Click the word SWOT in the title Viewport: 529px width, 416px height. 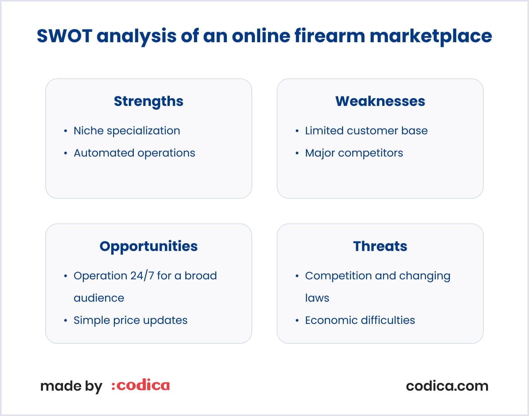tap(64, 36)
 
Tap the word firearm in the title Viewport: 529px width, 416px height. tap(330, 36)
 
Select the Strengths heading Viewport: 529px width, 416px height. tap(149, 101)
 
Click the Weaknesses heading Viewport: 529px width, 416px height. tap(380, 101)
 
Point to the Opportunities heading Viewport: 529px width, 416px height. tap(149, 246)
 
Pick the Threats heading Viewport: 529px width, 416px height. tap(380, 246)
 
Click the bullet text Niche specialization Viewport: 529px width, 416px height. tap(127, 131)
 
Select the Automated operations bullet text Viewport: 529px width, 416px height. tap(134, 153)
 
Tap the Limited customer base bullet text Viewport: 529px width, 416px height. tap(366, 131)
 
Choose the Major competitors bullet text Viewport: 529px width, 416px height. tap(354, 153)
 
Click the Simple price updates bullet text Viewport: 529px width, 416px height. tap(130, 320)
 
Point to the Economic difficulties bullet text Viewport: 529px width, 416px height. tap(360, 320)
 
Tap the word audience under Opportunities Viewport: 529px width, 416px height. tap(99, 298)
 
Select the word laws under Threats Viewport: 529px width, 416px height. tap(317, 298)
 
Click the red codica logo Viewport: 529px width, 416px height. tap(141, 385)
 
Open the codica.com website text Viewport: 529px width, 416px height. tap(447, 386)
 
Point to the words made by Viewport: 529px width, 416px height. tap(71, 386)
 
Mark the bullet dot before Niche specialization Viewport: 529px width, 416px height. tap(66, 131)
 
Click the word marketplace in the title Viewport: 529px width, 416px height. tap(430, 36)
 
